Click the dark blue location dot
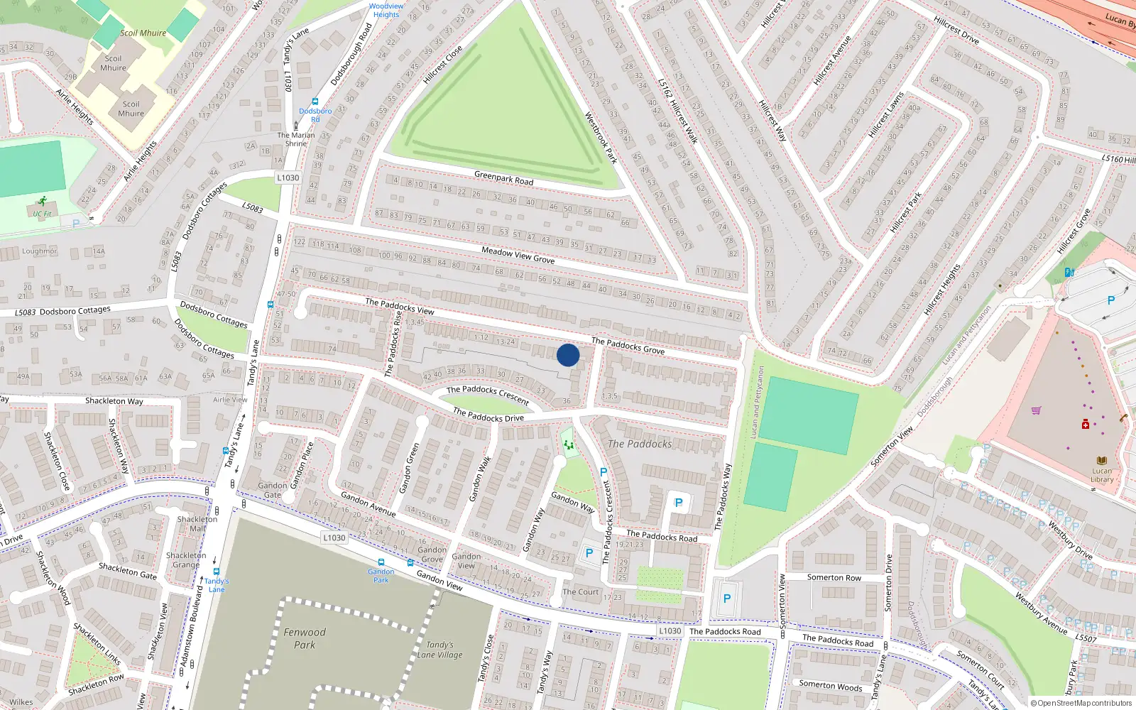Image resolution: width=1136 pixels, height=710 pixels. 568,355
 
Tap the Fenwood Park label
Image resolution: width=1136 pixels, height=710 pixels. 305,638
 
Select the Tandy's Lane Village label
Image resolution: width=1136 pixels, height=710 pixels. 440,650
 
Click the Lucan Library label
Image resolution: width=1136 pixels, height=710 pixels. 1102,475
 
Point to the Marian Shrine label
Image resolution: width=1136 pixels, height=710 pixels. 296,139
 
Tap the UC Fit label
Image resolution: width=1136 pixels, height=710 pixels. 42,214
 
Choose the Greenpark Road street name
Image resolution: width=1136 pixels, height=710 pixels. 503,177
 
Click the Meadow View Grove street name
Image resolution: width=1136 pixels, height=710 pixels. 518,256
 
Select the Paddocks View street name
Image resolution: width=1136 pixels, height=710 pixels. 399,306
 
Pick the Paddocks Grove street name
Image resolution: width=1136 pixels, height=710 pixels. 628,346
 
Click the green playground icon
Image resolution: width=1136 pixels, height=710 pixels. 568,445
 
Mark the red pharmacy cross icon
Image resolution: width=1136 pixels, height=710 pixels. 1086,425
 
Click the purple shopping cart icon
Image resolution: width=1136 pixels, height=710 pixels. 1037,410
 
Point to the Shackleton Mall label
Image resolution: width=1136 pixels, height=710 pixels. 197,523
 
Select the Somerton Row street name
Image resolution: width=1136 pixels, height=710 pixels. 834,577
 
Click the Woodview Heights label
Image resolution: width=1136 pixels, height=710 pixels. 386,10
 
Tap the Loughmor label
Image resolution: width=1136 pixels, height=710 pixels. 39,251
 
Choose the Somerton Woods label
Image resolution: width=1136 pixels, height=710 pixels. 831,685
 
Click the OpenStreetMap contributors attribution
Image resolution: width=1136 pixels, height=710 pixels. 1081,704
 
